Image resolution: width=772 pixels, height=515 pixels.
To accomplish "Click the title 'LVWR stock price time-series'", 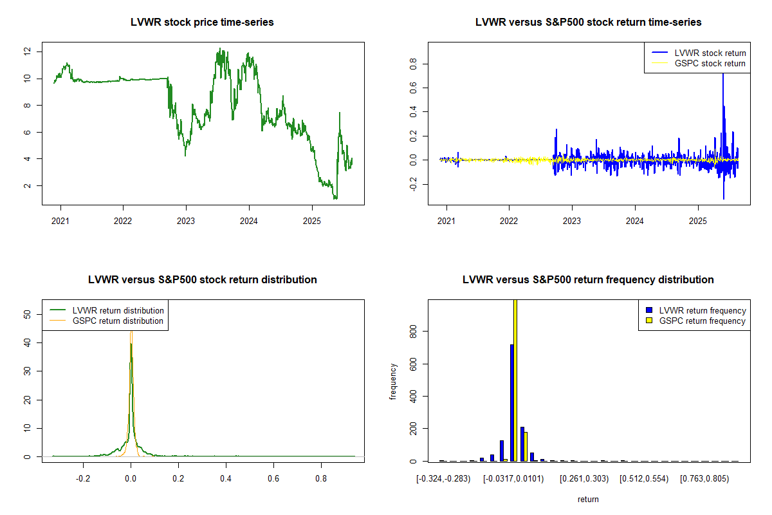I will coord(203,23).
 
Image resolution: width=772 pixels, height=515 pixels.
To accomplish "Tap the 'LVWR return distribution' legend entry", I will coord(118,310).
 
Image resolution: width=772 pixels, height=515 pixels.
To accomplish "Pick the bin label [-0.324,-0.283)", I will coord(444,479).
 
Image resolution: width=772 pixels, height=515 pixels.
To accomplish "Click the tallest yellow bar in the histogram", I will coord(515,380).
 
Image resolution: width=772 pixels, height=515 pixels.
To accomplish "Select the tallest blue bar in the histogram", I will coord(511,402).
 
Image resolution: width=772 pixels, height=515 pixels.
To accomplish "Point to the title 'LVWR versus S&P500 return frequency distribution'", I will coord(588,280).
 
